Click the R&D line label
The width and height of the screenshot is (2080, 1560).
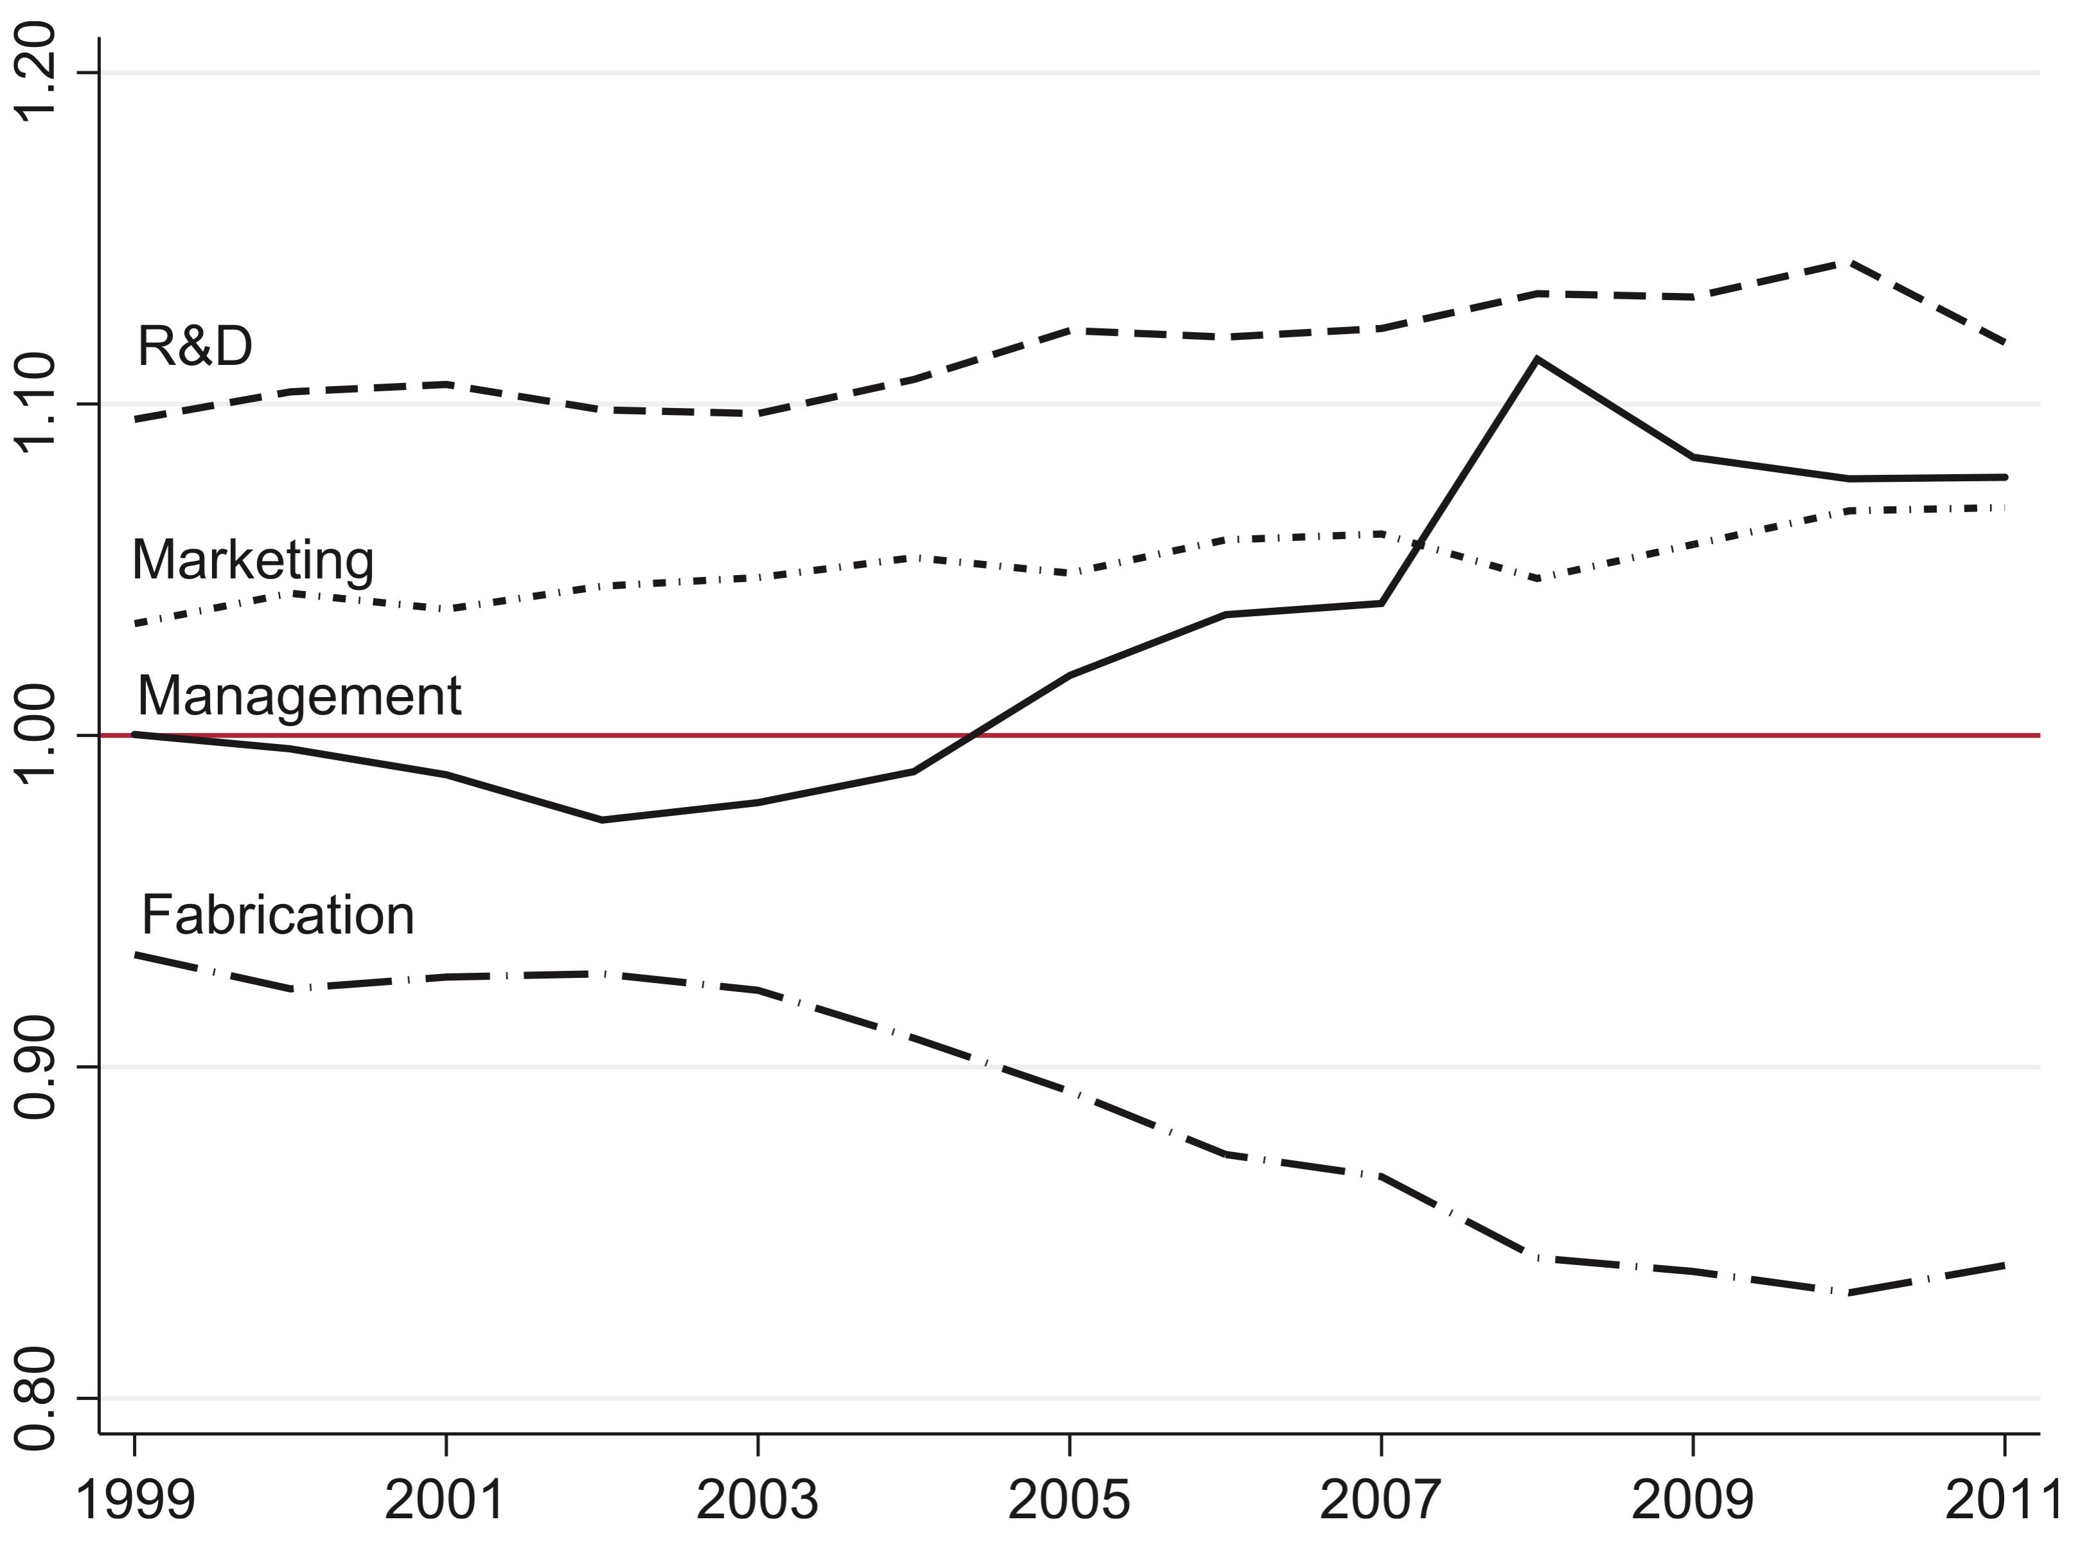point(195,346)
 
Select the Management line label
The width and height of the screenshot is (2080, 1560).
point(299,696)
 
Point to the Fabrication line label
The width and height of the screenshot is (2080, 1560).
point(278,915)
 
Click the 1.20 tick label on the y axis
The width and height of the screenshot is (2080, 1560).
point(38,73)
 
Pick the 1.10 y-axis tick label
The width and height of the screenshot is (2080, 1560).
point(38,404)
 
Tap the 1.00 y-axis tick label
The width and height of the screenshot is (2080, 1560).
point(38,735)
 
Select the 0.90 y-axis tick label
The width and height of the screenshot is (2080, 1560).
point(38,1067)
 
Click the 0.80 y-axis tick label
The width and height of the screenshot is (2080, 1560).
point(38,1397)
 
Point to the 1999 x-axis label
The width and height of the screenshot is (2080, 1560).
point(134,1499)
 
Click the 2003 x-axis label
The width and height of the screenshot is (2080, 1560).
point(757,1499)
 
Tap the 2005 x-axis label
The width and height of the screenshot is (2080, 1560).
point(1069,1499)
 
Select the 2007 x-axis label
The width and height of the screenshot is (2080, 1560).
point(1380,1499)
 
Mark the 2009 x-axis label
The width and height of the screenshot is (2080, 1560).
point(1693,1499)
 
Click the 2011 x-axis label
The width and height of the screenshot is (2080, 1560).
point(2001,1499)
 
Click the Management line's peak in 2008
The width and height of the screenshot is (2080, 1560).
point(1536,359)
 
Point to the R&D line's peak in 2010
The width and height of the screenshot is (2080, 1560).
point(1849,262)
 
